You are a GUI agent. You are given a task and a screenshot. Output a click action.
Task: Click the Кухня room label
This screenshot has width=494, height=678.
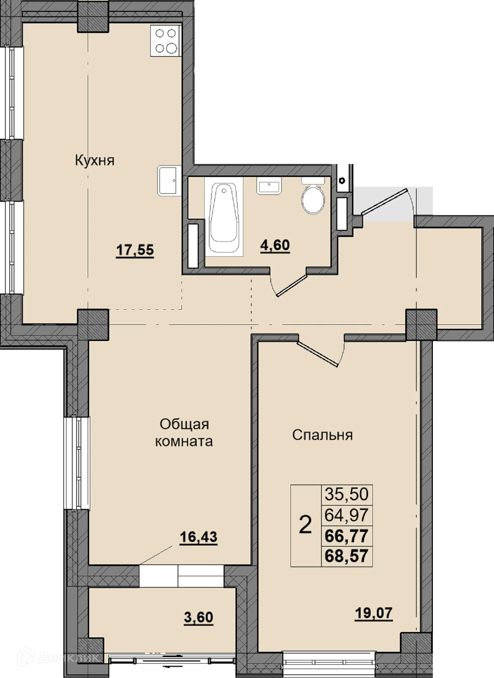[x=95, y=160]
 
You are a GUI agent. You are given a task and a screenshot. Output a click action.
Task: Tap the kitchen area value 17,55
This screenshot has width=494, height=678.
[x=135, y=250]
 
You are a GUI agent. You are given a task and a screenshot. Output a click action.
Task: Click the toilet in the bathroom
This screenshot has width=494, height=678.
[x=313, y=196]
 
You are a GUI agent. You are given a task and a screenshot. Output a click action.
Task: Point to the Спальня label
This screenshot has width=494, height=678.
[x=323, y=435]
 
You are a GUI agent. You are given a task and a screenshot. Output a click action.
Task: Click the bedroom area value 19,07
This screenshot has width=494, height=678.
[x=374, y=613]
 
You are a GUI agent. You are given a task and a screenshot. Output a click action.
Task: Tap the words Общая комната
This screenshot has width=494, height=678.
[x=184, y=433]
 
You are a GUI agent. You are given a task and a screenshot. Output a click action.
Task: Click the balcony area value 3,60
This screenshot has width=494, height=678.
[x=198, y=617]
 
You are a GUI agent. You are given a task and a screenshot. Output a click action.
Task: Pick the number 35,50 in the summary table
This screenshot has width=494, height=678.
[x=347, y=494]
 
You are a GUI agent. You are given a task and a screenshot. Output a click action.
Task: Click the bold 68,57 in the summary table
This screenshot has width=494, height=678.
[x=347, y=556]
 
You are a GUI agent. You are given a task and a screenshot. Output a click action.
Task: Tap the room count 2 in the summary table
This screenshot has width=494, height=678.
[x=305, y=525]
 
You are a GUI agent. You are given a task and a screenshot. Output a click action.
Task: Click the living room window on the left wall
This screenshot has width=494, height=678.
[x=77, y=463]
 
